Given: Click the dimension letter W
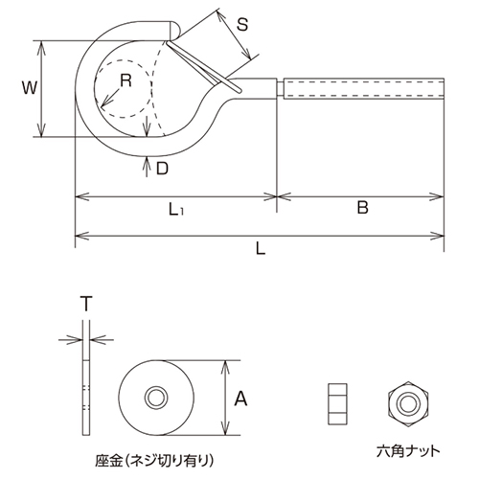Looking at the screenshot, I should pos(29,88).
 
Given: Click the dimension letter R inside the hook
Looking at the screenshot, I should pos(125,80).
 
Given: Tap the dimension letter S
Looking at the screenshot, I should pos(243,27).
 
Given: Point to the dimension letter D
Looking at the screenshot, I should pos(163,169).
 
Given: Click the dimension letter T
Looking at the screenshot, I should pos(85,304).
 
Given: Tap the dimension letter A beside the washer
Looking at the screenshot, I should pos(241,398).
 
